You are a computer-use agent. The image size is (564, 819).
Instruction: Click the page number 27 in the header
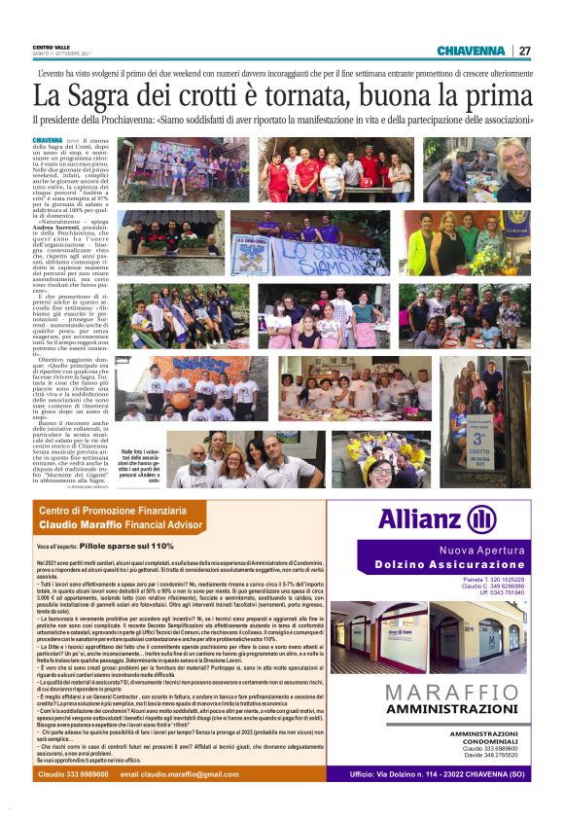524,51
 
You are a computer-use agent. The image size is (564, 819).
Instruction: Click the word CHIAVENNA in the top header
471,51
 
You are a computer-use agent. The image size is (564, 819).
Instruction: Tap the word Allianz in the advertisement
419,518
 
